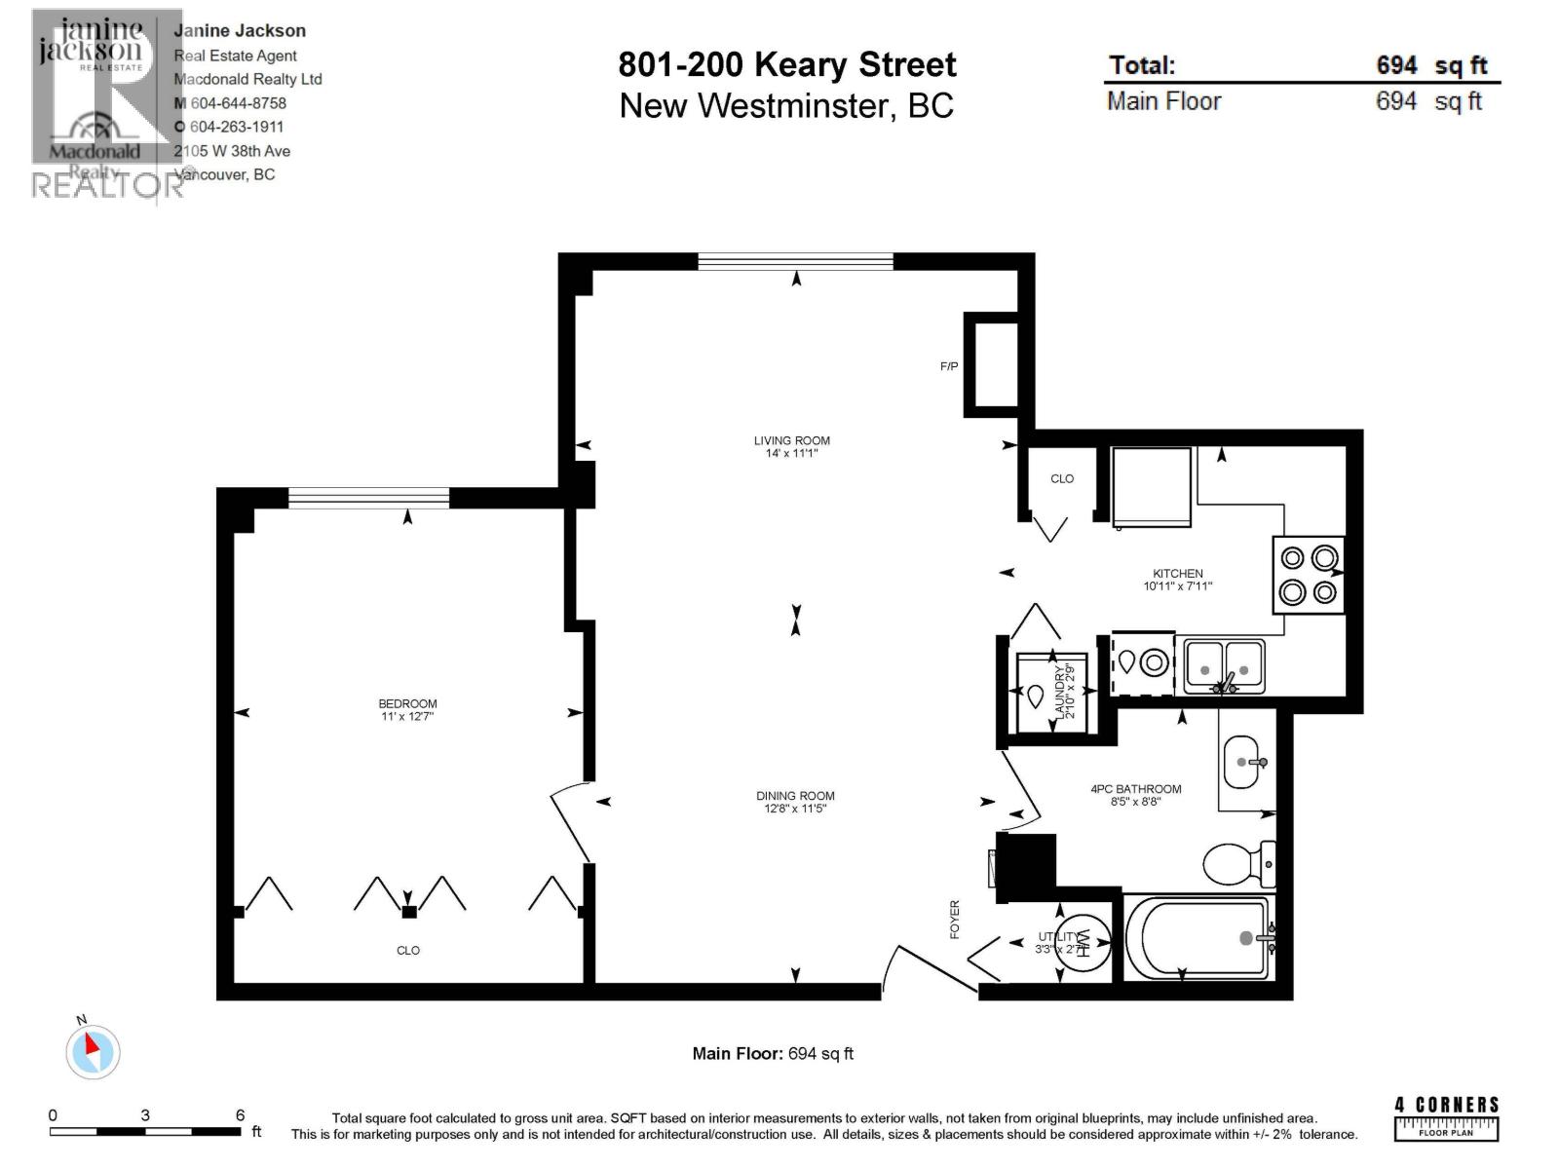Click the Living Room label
coord(791,440)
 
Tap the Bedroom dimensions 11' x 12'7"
coord(407,717)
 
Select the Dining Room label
coord(795,796)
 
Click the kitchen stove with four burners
coord(1309,575)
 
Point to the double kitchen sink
coord(1224,666)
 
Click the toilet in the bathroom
coord(1237,863)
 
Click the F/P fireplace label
coord(948,366)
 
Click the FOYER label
coord(955,919)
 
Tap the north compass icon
coord(93,1051)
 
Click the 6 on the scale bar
coord(240,1115)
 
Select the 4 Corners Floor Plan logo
coord(1446,1118)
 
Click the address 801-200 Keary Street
coord(787,65)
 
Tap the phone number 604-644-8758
coord(238,103)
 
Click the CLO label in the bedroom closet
coord(407,951)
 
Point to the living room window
coord(795,261)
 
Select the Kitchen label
coord(1177,574)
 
